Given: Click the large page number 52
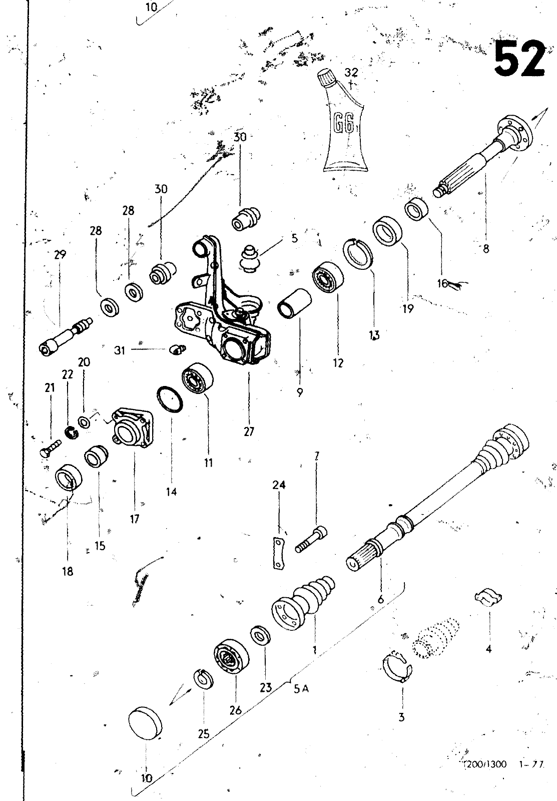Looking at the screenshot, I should tap(519, 59).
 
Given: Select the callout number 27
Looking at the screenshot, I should tap(249, 431).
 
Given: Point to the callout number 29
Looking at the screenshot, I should tap(60, 254).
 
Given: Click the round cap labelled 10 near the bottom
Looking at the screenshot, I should tap(146, 723).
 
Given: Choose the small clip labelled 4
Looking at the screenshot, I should tap(488, 597).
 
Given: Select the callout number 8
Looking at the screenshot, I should tap(485, 248).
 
